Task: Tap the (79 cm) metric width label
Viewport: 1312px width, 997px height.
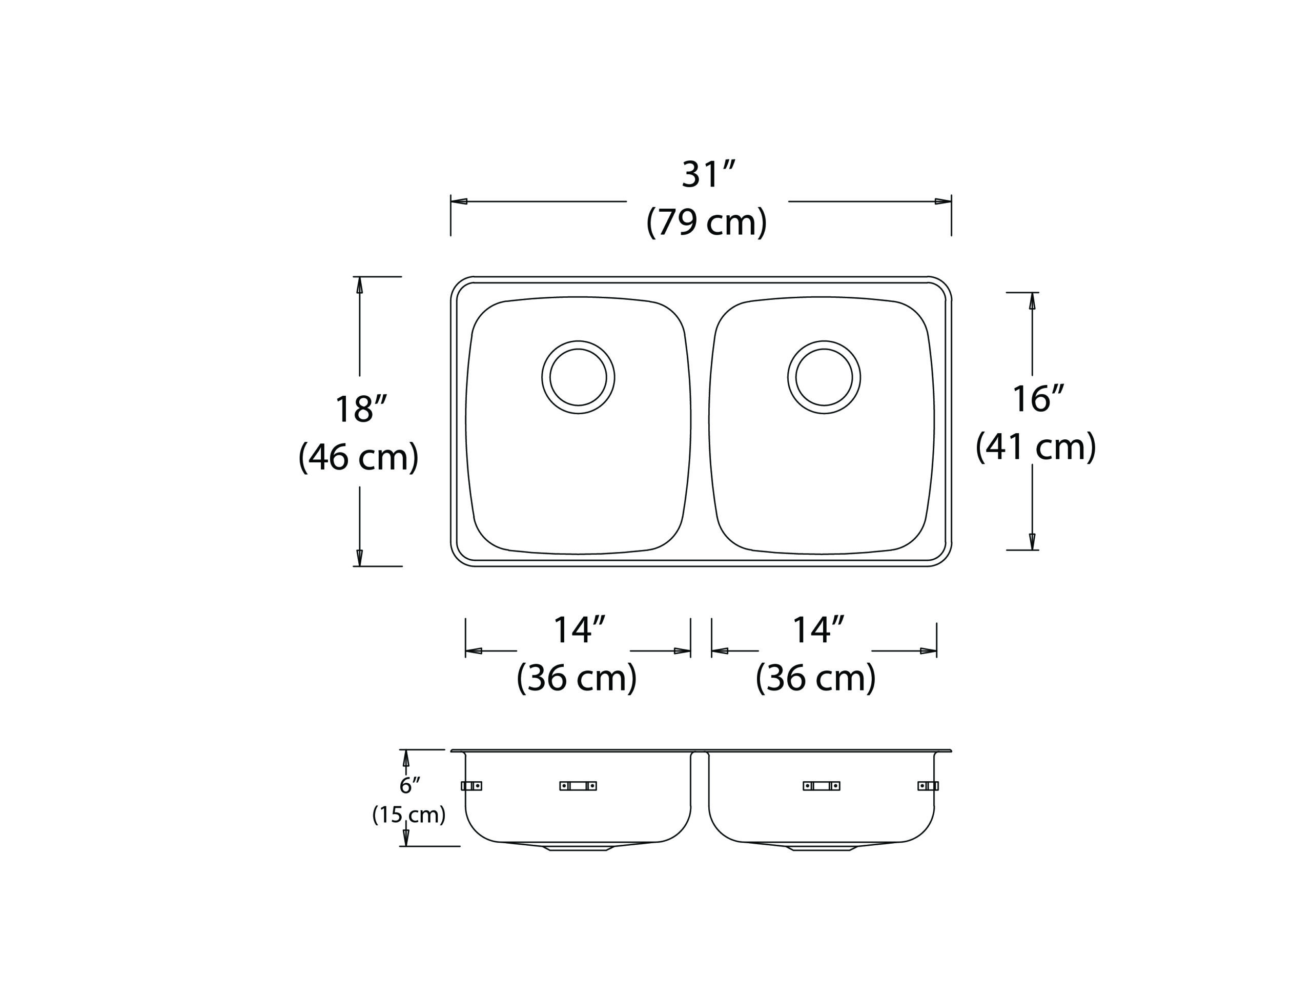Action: pyautogui.click(x=706, y=222)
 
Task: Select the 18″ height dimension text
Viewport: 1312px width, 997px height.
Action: pyautogui.click(x=361, y=409)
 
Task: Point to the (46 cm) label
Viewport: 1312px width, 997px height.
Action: pyautogui.click(x=358, y=456)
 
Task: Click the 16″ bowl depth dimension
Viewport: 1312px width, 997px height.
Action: pyautogui.click(x=1038, y=399)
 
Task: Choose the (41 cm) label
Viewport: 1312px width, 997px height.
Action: pyautogui.click(x=1035, y=446)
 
